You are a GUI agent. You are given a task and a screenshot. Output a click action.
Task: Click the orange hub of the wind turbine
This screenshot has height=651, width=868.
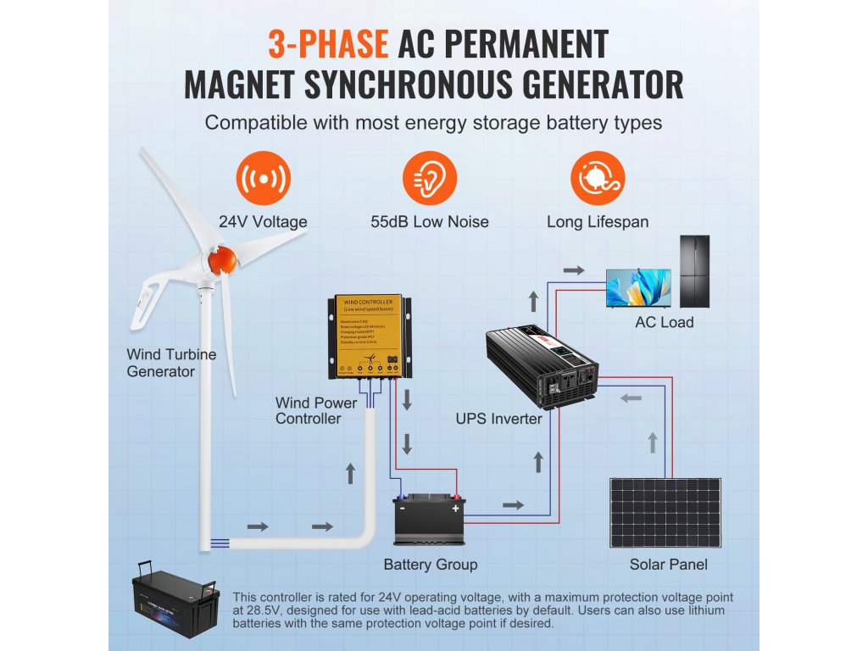coord(222,259)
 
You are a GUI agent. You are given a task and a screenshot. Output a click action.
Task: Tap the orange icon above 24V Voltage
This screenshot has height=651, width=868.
coord(263,179)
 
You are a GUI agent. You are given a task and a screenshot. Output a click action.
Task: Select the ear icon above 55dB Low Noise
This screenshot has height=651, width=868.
coord(429,179)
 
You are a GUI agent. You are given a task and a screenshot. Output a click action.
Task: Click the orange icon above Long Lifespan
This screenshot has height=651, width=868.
coord(597,179)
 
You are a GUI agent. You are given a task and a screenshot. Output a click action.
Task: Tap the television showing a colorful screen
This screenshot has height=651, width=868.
coord(638,288)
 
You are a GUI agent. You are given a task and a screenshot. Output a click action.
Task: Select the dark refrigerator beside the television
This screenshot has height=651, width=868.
coord(695,271)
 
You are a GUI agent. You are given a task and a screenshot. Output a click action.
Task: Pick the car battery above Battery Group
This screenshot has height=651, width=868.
coord(430,520)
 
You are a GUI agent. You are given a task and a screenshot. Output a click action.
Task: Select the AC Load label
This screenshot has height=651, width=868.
coord(665,322)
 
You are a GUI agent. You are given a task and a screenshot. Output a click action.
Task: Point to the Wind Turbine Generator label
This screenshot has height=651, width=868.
coord(171,363)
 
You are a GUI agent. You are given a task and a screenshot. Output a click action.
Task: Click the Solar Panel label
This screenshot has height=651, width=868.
coord(668,565)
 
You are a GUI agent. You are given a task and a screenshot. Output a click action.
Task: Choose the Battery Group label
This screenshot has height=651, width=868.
coord(431,565)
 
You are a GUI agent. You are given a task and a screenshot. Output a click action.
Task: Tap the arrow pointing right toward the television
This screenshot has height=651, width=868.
coord(574,270)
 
